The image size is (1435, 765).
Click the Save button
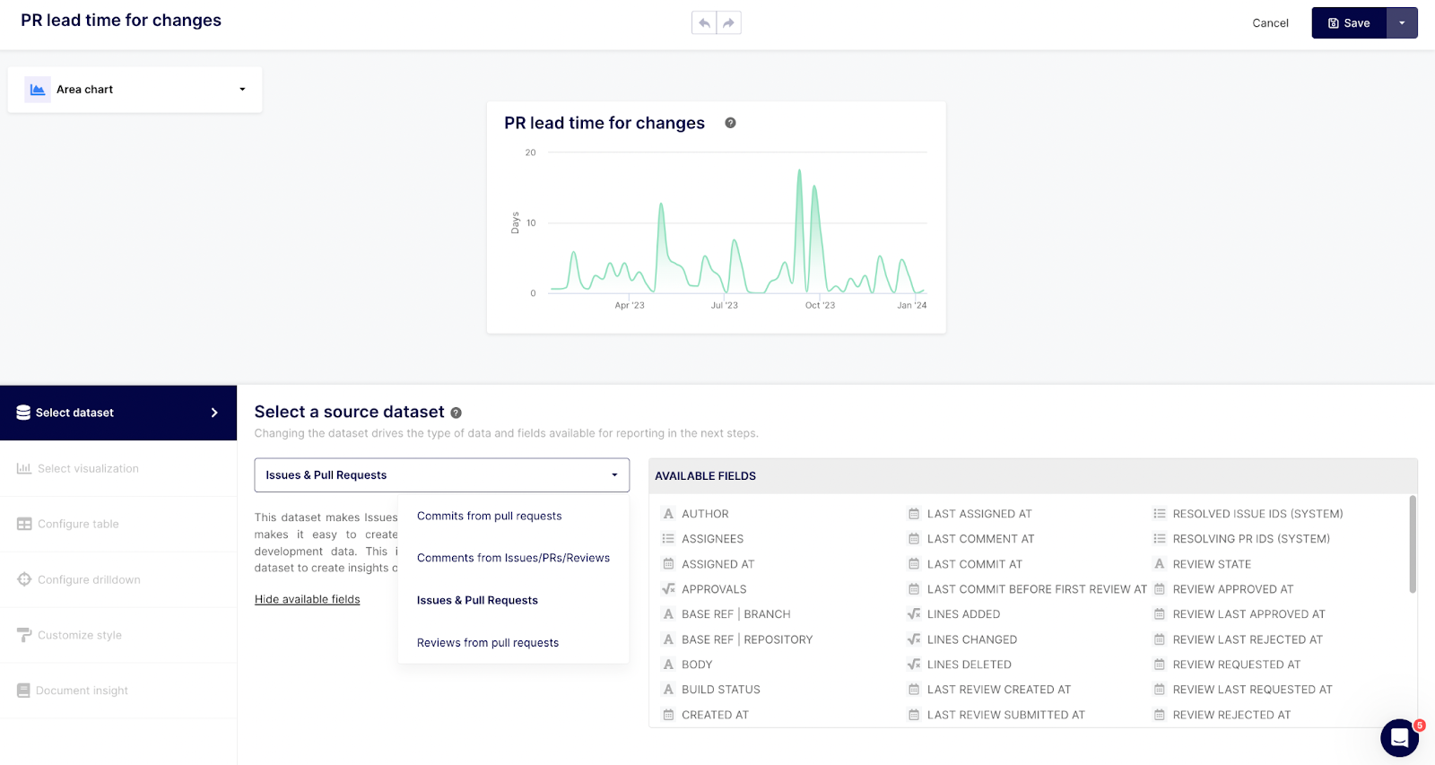[x=1349, y=23]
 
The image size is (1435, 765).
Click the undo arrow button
[x=704, y=23]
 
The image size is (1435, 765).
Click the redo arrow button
[x=729, y=23]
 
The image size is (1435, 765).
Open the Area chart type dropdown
[x=135, y=90]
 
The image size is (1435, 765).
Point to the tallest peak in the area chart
[x=799, y=171]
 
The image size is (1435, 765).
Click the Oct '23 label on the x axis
[x=820, y=306]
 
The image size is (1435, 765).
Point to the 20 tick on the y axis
[x=530, y=152]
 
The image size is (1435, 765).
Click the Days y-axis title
[x=516, y=222]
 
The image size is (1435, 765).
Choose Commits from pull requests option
[x=489, y=517]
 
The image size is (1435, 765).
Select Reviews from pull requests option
[x=487, y=643]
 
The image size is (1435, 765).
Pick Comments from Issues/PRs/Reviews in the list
[x=513, y=558]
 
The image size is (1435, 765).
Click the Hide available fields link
[x=307, y=600]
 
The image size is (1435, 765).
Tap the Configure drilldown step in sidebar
[x=89, y=580]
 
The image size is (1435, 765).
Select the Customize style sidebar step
[x=80, y=636]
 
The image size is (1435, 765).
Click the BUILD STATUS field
[x=720, y=690]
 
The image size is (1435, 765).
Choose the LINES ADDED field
[x=963, y=614]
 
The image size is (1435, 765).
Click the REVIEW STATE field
[x=1212, y=564]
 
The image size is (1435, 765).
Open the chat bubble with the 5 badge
[x=1399, y=738]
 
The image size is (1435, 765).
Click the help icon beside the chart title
[x=730, y=123]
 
